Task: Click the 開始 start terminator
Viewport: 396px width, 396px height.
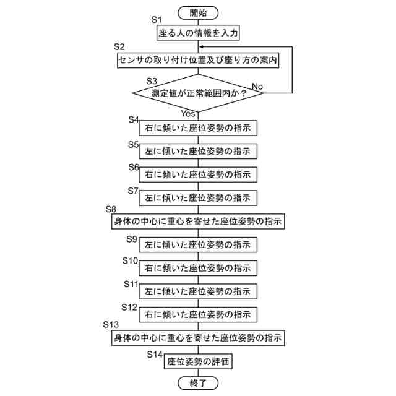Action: tap(197, 12)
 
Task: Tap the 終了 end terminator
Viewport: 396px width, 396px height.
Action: tap(197, 383)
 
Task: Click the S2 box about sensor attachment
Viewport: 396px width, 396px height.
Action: tap(197, 60)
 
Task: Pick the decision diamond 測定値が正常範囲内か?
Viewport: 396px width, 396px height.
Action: tap(197, 93)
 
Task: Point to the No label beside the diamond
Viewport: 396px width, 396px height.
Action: tap(257, 86)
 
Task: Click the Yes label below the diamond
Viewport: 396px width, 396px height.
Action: tap(188, 113)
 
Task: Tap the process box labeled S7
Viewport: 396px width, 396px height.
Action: tap(197, 198)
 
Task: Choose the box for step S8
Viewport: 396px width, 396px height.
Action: tap(197, 221)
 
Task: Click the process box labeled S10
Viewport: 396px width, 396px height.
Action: tap(197, 268)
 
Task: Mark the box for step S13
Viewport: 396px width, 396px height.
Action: tap(197, 338)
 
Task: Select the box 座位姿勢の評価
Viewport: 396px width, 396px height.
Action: tap(197, 361)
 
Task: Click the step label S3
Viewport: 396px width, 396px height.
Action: tap(152, 81)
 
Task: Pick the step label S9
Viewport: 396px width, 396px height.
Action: tap(132, 238)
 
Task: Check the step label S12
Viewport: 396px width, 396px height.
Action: tap(129, 307)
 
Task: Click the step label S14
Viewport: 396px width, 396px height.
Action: tap(155, 354)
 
